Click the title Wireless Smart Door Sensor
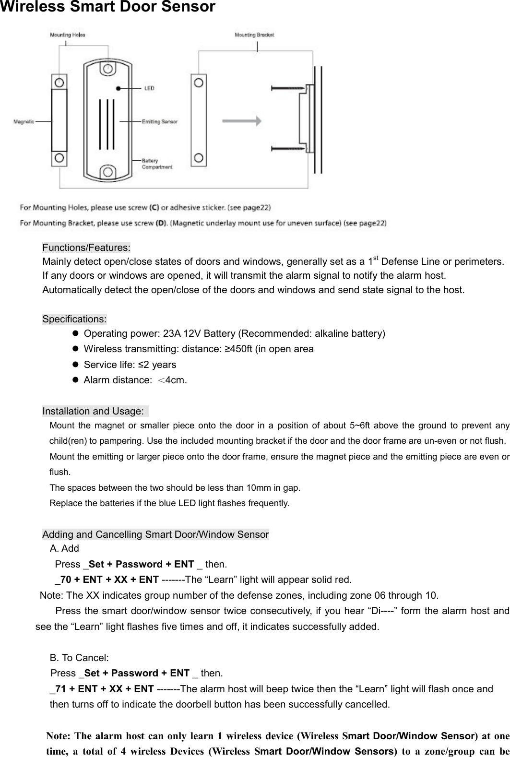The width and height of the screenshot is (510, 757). pyautogui.click(x=107, y=7)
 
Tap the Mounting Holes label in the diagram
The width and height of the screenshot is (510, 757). pyautogui.click(x=68, y=35)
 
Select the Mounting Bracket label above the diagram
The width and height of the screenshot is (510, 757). pyautogui.click(x=254, y=35)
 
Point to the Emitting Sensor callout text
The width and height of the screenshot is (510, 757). pyautogui.click(x=159, y=122)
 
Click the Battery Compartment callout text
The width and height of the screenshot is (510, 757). pyautogui.click(x=156, y=164)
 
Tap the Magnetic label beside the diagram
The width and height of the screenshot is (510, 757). pyautogui.click(x=24, y=122)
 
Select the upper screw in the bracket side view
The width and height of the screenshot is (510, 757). pyautogui.click(x=288, y=88)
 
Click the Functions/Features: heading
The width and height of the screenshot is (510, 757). pyautogui.click(x=86, y=248)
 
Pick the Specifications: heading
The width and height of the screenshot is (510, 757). pyautogui.click(x=75, y=319)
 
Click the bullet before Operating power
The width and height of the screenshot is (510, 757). pyautogui.click(x=75, y=333)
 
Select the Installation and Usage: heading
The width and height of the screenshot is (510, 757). pyautogui.click(x=94, y=411)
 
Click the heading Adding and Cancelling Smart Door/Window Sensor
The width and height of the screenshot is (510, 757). pyautogui.click(x=155, y=534)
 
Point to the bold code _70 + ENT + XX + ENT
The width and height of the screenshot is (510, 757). pyautogui.click(x=107, y=580)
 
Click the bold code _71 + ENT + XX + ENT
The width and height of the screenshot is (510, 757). pyautogui.click(x=102, y=689)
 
